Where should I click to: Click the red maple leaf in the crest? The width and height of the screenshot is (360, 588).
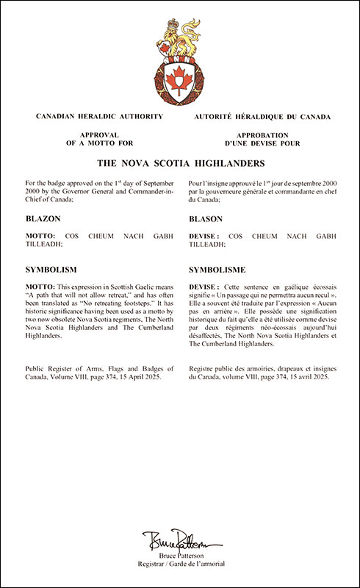(x=179, y=79)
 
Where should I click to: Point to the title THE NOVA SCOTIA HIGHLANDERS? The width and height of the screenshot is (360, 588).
(x=180, y=162)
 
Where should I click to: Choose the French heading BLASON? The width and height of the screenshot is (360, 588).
(x=206, y=219)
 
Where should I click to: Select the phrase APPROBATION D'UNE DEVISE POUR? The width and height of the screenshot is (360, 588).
(x=263, y=140)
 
